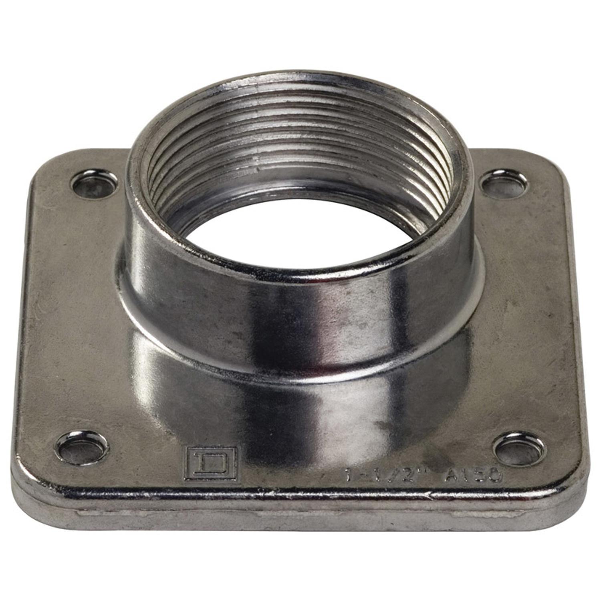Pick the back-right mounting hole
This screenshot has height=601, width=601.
point(501,184)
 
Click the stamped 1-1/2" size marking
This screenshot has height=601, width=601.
point(383,475)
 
